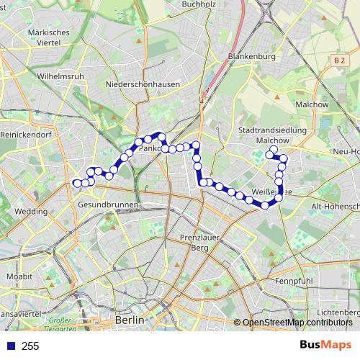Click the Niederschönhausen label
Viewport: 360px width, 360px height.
[x=142, y=84]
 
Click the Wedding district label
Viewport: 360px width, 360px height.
[x=31, y=212]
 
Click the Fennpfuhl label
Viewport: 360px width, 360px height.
[x=292, y=280]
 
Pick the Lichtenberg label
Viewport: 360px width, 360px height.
[x=338, y=312]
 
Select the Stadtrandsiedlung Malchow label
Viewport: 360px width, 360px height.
[x=272, y=135]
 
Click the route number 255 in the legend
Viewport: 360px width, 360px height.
[x=30, y=346]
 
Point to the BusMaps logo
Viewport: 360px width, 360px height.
[x=326, y=345]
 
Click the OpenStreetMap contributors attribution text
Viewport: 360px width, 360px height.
[x=297, y=323]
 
